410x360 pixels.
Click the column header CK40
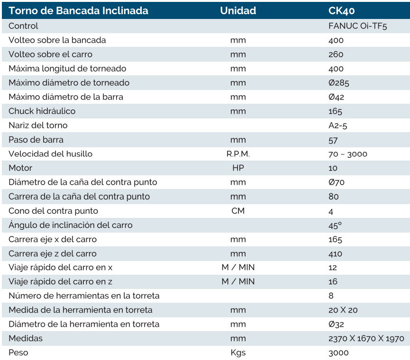[341, 10]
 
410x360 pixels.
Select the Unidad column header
[238, 10]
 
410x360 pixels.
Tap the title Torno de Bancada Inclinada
[79, 10]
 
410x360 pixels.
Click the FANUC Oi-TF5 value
[357, 26]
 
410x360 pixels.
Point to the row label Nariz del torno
[38, 126]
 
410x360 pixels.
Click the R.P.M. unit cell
[238, 154]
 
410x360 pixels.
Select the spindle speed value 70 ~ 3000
[347, 154]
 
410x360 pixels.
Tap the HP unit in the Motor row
[238, 168]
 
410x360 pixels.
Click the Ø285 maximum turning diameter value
[338, 83]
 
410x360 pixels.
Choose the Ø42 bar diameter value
[336, 97]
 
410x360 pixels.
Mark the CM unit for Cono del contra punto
[238, 211]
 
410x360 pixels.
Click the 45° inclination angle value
[335, 225]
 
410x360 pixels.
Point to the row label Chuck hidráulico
[42, 111]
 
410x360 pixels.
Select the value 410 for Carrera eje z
[335, 253]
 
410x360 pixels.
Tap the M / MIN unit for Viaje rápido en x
[238, 268]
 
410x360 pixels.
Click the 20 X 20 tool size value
[343, 310]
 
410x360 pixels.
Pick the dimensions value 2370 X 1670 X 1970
[366, 339]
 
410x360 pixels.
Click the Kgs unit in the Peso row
[238, 353]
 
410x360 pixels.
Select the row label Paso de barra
[36, 140]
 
